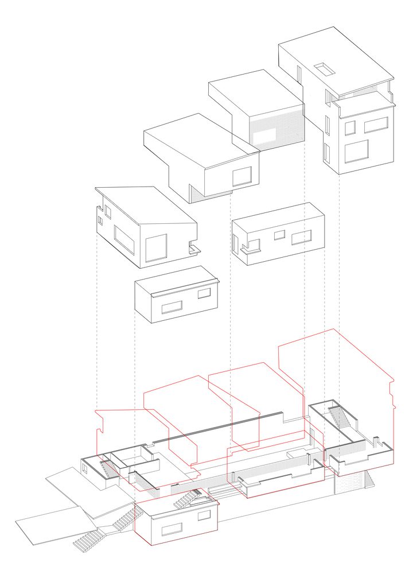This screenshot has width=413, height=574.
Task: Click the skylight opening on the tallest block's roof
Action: (325, 69)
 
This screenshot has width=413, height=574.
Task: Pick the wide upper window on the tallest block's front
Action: (376, 125)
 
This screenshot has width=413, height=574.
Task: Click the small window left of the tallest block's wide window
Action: (350, 127)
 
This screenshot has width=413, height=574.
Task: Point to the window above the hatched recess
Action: (242, 176)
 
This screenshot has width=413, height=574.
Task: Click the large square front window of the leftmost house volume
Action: (156, 248)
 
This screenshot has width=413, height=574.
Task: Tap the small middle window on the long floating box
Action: (279, 235)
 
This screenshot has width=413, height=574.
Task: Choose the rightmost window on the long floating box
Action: (301, 237)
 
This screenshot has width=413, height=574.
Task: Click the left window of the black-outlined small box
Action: (172, 307)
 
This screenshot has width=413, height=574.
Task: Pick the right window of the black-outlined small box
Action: (204, 293)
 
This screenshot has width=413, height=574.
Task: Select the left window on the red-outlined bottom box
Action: (172, 529)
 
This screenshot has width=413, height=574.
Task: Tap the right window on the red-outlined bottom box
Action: (204, 515)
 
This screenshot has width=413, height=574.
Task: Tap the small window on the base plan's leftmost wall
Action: (85, 467)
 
